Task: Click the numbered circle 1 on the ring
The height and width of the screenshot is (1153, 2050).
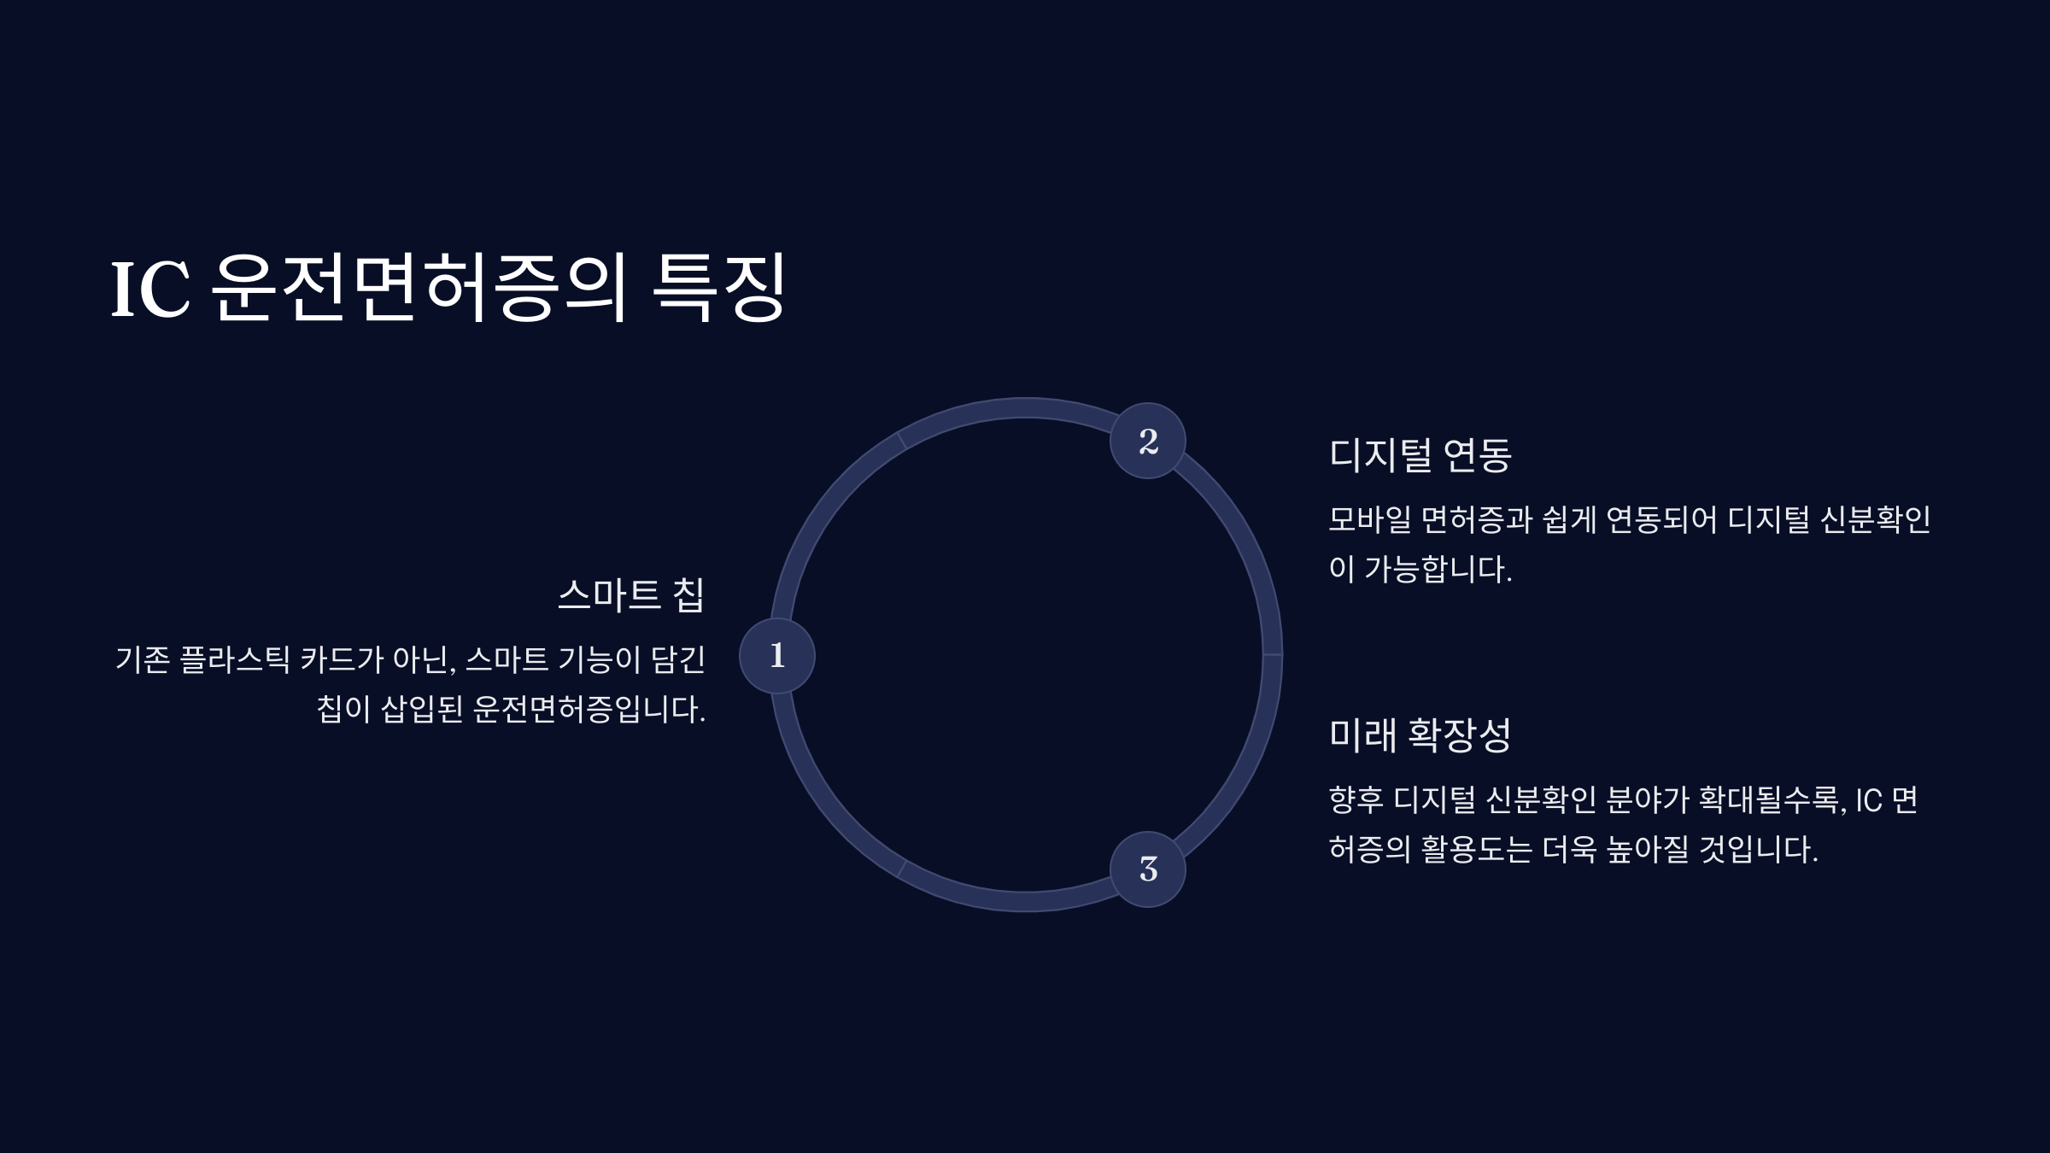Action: (x=776, y=655)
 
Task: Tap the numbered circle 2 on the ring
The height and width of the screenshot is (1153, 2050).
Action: (x=1147, y=441)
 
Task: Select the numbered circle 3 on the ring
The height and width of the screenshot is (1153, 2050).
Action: (x=1147, y=869)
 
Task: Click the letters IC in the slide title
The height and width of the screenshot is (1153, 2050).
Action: (x=150, y=290)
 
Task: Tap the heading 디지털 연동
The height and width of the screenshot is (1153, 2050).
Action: (x=1420, y=454)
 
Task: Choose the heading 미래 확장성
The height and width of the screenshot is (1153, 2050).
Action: (x=1420, y=735)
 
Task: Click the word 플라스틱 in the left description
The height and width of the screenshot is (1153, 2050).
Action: (x=235, y=659)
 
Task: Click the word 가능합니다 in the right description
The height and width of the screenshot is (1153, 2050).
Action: (x=1437, y=569)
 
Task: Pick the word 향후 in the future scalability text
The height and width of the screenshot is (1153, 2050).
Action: (x=1356, y=800)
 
